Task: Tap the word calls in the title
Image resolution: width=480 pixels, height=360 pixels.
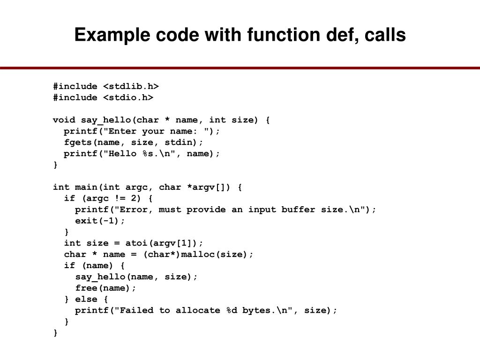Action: [x=383, y=35]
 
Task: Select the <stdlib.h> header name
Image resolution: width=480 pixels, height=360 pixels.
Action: [x=131, y=86]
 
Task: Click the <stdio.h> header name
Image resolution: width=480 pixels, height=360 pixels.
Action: [x=128, y=97]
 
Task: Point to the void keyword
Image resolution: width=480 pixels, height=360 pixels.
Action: [x=64, y=120]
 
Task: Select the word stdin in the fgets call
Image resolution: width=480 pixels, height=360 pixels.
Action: [x=187, y=142]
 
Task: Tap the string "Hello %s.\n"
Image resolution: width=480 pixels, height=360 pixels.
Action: [x=142, y=154]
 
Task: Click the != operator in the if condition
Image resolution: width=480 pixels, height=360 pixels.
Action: [x=114, y=198]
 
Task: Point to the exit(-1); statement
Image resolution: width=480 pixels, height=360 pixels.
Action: [x=100, y=221]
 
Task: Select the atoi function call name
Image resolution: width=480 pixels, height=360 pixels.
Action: [x=136, y=243]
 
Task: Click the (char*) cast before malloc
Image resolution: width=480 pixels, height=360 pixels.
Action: [x=161, y=255]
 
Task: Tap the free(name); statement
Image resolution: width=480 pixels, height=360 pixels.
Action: [x=106, y=288]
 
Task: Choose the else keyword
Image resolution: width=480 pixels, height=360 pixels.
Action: [x=86, y=299]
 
